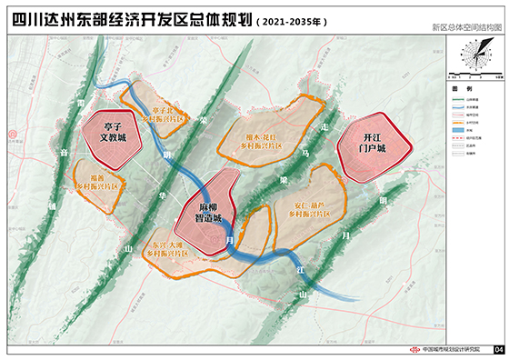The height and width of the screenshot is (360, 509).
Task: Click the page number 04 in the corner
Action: pyautogui.click(x=498, y=350)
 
